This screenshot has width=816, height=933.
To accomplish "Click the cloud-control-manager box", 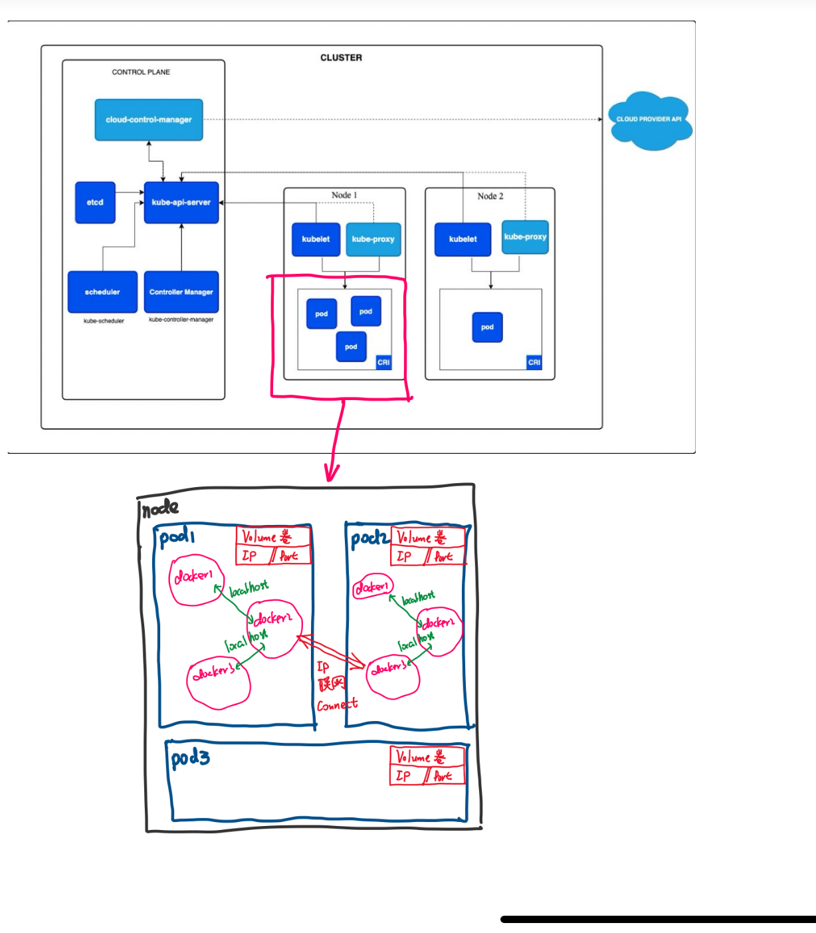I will pos(148,120).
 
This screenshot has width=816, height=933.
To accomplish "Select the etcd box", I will pos(95,202).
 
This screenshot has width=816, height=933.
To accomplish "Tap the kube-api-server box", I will pos(181,202).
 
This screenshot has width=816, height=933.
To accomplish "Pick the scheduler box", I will pos(102,292).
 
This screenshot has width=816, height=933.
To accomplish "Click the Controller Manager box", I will pos(181,292).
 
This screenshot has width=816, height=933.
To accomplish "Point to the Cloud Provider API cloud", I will pos(649,120).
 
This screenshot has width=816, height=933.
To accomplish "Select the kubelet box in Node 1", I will pos(316,239).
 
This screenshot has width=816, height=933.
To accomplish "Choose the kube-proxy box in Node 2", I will pos(525,237).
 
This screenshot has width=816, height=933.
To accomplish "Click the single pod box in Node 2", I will pos(487,327).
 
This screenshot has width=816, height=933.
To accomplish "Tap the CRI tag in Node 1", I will pos(383,362).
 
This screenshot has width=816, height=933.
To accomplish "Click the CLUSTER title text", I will pos(341,58).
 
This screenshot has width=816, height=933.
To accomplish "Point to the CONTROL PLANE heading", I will pos(141,72).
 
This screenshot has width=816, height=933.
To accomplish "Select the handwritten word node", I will pos(161,508).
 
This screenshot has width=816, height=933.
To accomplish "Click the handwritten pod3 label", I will pos(190,758).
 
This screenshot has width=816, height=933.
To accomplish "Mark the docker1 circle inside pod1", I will pos(196,580).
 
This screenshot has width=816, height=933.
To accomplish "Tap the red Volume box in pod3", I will pos(427,756).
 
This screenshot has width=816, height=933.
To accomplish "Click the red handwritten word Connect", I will pos(337,705).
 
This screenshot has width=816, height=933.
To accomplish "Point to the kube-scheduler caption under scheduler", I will pos(104,321).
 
